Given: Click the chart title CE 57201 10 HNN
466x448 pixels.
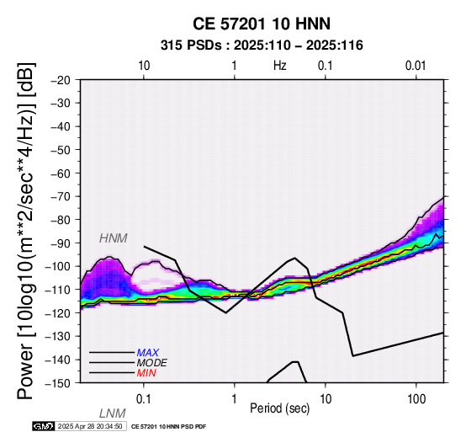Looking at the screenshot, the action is click(x=262, y=24).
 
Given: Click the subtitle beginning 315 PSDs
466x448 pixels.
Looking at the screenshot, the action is click(x=262, y=45).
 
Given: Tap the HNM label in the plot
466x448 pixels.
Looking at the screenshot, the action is click(x=114, y=238).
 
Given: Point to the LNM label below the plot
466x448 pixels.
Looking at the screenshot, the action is click(x=113, y=413).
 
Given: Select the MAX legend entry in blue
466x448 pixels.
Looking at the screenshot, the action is click(x=148, y=353).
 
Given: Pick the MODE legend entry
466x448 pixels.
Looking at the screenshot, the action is click(x=152, y=363).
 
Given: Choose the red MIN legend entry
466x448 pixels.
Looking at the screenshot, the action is click(x=146, y=373).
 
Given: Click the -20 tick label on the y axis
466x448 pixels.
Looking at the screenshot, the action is click(x=61, y=80).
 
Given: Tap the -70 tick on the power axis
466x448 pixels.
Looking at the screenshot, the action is click(x=61, y=197).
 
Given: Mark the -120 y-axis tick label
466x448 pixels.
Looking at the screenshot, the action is click(x=58, y=313).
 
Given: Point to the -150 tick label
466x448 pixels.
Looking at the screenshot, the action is click(x=58, y=383).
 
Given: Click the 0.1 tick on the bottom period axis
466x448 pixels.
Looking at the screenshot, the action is click(x=144, y=399).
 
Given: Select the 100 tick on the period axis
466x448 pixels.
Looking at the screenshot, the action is click(x=416, y=399).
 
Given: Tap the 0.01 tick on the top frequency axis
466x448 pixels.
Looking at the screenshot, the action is click(x=416, y=66).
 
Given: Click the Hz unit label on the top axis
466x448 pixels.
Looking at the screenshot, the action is click(x=280, y=66).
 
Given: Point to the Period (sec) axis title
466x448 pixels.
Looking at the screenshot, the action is click(x=280, y=408).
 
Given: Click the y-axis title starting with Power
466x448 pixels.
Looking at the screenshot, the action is click(x=26, y=231).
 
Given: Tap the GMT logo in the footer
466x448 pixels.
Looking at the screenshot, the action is click(x=44, y=426).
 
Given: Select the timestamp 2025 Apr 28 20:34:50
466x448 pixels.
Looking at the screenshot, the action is click(x=90, y=426).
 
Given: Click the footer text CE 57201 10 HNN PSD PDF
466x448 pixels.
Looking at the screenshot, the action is click(x=168, y=427).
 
